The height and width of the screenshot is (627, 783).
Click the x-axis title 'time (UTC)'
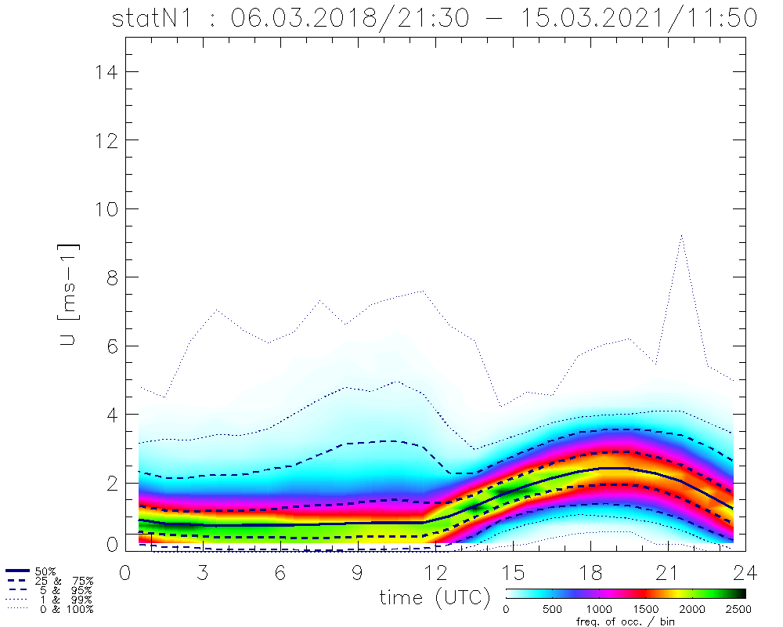[435, 597]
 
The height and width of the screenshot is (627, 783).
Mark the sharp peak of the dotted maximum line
[682, 234]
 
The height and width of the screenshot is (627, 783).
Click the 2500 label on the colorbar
[738, 608]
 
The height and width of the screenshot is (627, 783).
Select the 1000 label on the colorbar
[599, 608]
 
